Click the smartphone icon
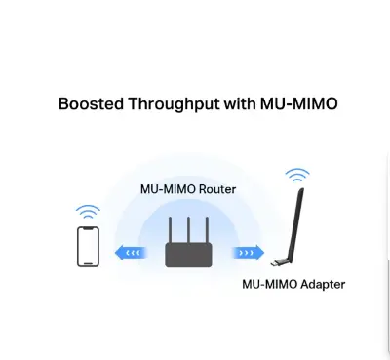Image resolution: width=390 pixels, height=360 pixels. [89, 246]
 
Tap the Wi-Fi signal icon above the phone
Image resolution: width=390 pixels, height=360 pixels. [89, 212]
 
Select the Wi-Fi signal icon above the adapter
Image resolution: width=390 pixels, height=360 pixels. [297, 177]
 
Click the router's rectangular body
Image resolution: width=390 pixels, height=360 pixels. [188, 255]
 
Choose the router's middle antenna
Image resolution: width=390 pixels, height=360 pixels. [188, 230]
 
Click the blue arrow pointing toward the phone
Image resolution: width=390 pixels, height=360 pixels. [129, 253]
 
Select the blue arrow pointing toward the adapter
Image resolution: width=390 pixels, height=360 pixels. [248, 253]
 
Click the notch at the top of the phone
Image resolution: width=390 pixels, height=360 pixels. [89, 229]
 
